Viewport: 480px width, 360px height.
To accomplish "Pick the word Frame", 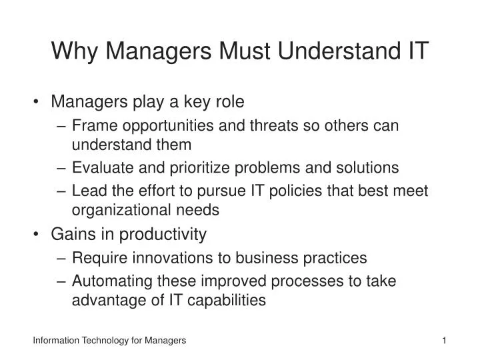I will click(x=91, y=125).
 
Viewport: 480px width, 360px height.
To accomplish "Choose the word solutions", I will click(x=368, y=167).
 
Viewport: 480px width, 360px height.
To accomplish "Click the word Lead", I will click(x=87, y=191).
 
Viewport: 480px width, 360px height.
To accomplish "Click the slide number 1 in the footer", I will click(x=443, y=341).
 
